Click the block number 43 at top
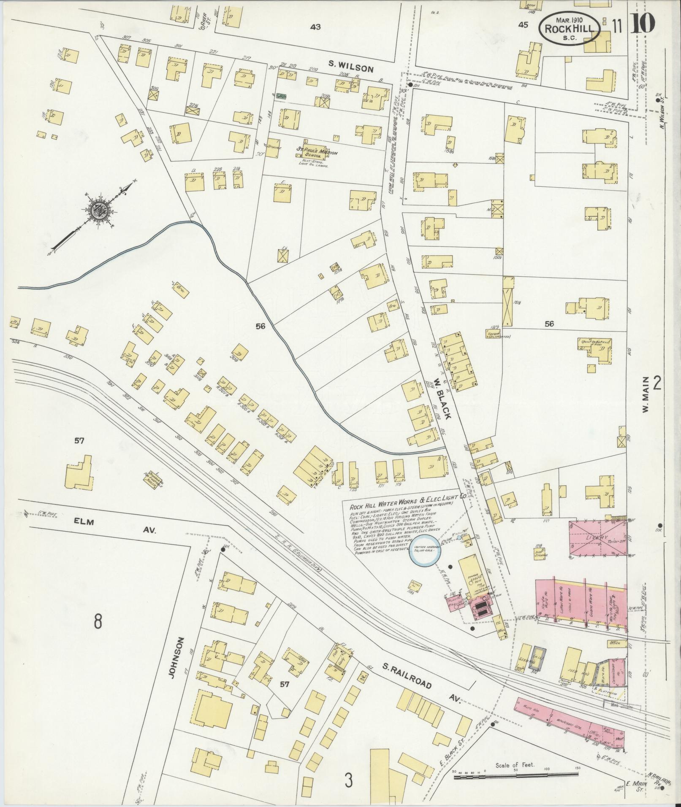click(315, 27)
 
